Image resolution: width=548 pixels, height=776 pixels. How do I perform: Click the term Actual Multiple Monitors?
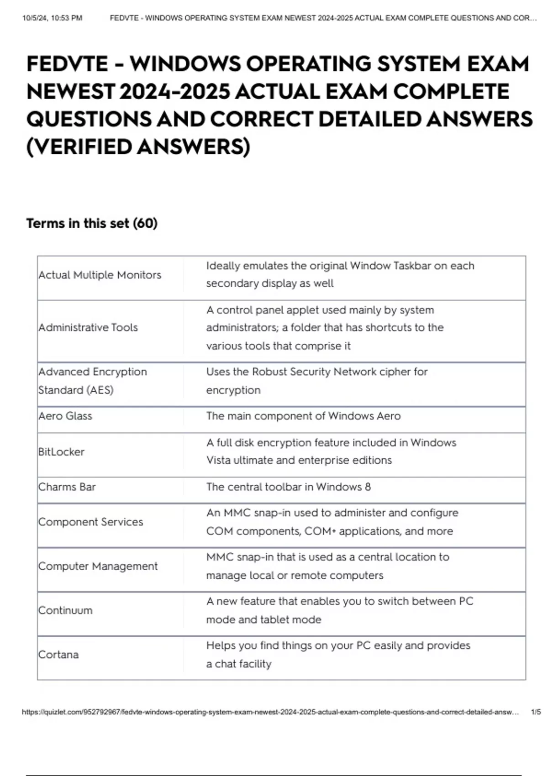click(x=100, y=275)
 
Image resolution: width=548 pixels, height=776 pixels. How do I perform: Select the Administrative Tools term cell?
click(x=88, y=327)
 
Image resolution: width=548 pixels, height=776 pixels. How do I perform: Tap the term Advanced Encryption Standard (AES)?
click(x=92, y=381)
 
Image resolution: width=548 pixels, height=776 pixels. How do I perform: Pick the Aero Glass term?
click(x=65, y=416)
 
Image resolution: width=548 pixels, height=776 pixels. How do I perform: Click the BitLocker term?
click(x=61, y=452)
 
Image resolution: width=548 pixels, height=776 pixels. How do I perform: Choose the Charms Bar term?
click(x=67, y=487)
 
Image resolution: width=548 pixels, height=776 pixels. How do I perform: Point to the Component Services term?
click(x=90, y=522)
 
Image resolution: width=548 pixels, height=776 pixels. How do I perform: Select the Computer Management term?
click(x=98, y=566)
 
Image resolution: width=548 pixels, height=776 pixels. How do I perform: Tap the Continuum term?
click(x=65, y=610)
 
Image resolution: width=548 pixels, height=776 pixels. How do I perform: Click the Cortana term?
click(x=58, y=655)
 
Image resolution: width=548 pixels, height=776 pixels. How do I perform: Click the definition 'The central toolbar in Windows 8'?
click(x=288, y=487)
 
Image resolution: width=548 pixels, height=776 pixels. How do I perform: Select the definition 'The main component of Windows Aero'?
click(x=303, y=416)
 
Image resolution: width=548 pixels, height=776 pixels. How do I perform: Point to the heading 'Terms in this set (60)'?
click(x=92, y=223)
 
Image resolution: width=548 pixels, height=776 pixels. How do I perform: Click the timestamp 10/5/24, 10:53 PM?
click(x=52, y=18)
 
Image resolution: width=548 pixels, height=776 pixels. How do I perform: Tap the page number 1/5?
click(x=536, y=712)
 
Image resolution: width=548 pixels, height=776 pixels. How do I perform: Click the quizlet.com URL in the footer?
click(x=270, y=712)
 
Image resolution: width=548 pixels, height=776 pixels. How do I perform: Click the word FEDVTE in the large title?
click(x=67, y=64)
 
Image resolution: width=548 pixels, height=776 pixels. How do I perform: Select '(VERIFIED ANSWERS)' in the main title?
click(x=138, y=147)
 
